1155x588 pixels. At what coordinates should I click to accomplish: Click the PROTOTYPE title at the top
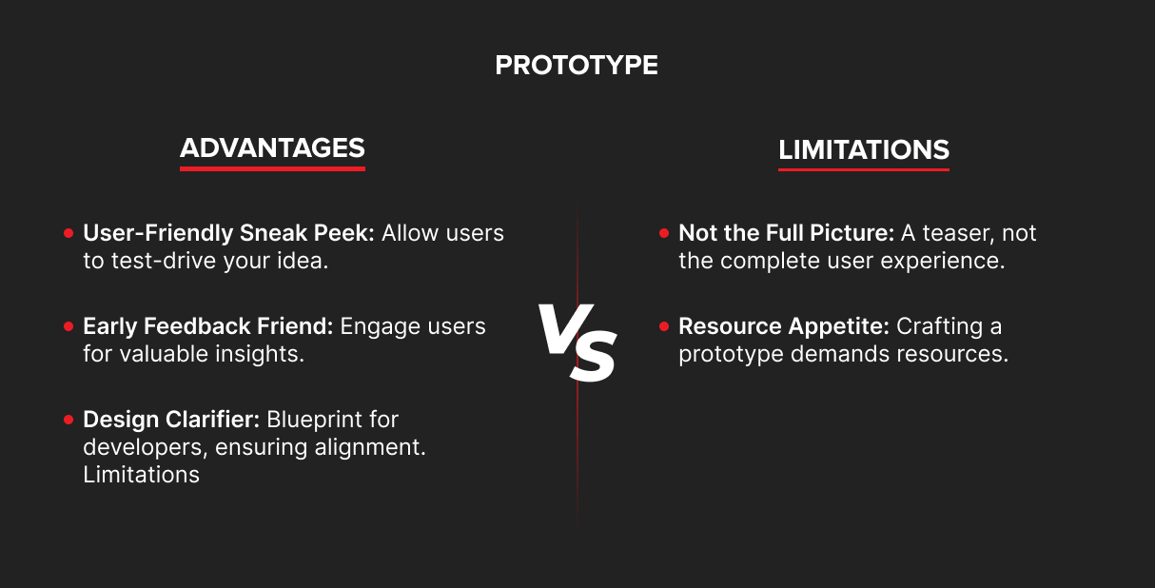[x=577, y=65]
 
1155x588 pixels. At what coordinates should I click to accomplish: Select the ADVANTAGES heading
[x=272, y=148]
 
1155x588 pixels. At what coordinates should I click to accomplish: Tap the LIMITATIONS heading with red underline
[x=863, y=150]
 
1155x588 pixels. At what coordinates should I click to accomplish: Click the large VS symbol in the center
[x=577, y=342]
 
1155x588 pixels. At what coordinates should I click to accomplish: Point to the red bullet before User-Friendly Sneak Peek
[x=69, y=233]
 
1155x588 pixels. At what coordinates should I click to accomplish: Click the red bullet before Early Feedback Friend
[x=69, y=326]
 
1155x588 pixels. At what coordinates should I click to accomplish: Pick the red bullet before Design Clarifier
[x=69, y=420]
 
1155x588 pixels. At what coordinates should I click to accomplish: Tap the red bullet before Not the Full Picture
[x=664, y=233]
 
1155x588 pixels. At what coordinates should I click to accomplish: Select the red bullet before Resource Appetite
[x=664, y=326]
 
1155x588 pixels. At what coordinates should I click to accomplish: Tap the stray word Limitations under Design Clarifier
[x=141, y=475]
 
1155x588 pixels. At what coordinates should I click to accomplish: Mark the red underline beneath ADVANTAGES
[x=272, y=168]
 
